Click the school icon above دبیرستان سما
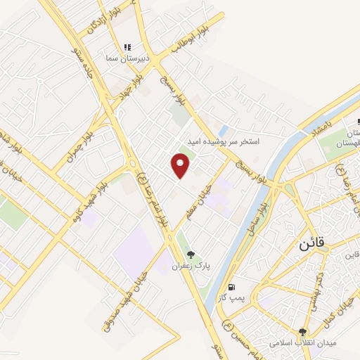coord(127,48)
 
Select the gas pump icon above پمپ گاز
coord(231,288)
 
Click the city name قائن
coord(314,246)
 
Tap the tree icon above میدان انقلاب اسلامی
coord(303,332)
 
